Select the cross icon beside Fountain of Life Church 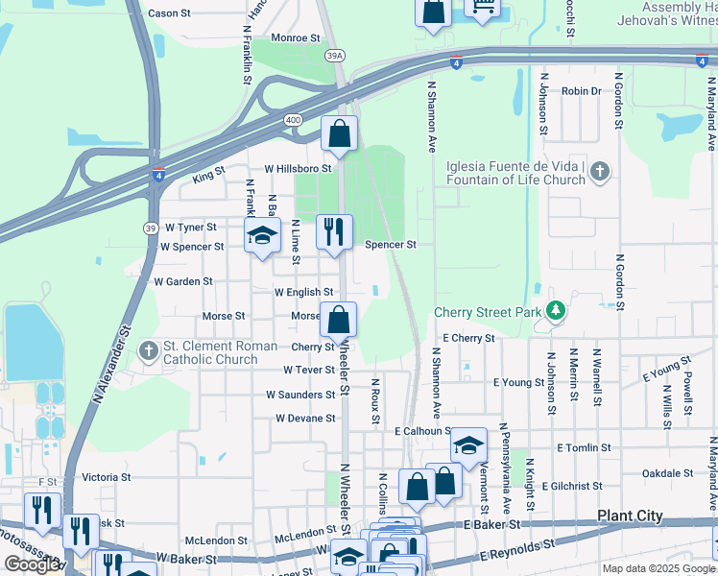pos(600,172)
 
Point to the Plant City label pos(630,516)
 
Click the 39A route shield pos(334,56)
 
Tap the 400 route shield pos(292,119)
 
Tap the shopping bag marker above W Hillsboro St pos(339,135)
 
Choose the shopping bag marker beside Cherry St pos(339,321)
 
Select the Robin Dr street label pos(581,91)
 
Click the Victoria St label pos(107,477)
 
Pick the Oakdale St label pos(667,473)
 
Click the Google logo pos(32,564)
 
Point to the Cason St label pos(170,13)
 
